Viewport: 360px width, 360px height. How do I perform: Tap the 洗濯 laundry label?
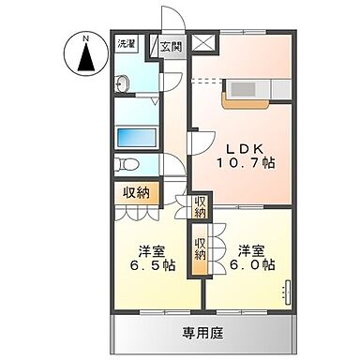(x=125, y=44)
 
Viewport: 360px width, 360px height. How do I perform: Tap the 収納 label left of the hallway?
(x=136, y=192)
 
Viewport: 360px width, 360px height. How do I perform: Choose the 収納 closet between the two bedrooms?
(x=201, y=248)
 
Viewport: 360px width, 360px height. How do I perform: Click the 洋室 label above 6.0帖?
(x=249, y=250)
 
